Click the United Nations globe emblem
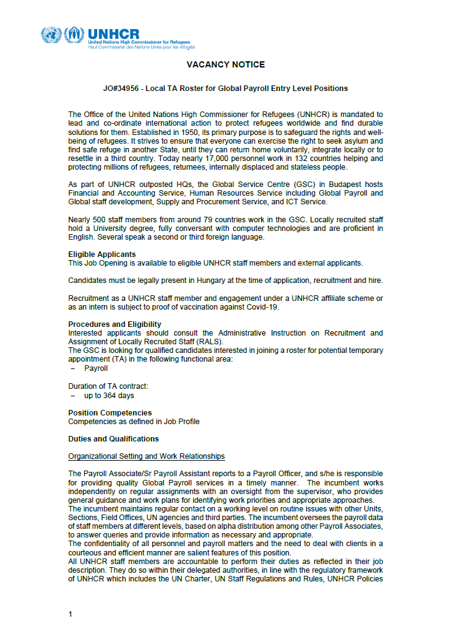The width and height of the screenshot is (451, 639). tap(51, 35)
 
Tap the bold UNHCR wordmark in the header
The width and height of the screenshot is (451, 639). tap(114, 34)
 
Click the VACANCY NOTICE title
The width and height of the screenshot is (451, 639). tap(225, 64)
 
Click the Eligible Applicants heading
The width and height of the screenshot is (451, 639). tap(101, 254)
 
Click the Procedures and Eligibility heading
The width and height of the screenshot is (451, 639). tap(114, 324)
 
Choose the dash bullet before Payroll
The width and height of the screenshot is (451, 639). tap(73, 368)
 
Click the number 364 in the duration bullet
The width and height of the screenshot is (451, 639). tap(107, 395)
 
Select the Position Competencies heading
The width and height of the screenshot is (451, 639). tap(110, 412)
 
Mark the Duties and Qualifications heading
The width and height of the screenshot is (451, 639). tap(113, 439)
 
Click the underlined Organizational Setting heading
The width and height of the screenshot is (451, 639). tap(146, 456)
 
